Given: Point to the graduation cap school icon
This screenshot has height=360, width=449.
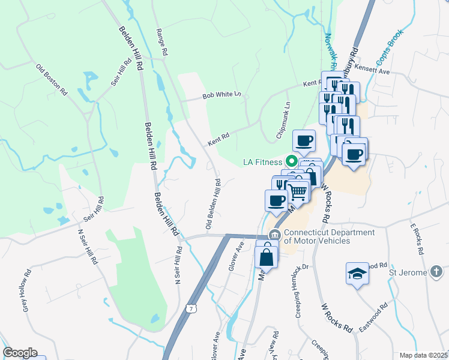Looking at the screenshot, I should (x=357, y=273).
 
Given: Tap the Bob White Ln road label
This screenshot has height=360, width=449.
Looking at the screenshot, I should (x=221, y=95).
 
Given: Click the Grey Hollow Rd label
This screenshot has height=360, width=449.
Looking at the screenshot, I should (x=27, y=293).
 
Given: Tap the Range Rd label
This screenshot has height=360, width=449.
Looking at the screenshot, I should (x=160, y=43).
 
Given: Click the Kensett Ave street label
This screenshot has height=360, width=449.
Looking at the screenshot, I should (x=372, y=71).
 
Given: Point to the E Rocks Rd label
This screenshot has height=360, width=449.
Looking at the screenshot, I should (x=418, y=235).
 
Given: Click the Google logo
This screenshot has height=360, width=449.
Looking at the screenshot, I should (x=20, y=353).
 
